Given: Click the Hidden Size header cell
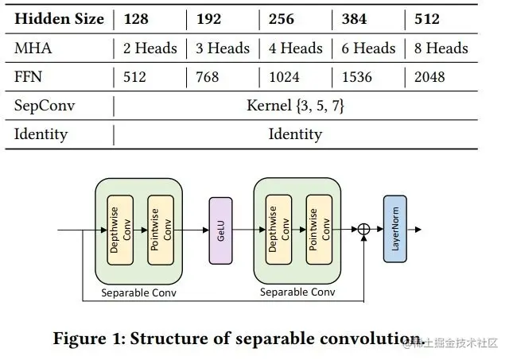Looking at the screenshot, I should pos(59,19).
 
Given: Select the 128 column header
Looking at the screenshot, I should pos(136,19).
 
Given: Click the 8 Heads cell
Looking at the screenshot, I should pos(441,48).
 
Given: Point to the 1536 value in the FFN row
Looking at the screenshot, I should pos(360,77).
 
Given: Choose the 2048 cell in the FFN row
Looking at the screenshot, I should pos(429,77).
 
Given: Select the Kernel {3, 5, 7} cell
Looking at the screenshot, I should pos(295,105).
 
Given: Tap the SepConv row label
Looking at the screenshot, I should pos(42,105).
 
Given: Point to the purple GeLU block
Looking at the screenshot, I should pos(220,230).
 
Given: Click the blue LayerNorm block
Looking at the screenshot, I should pos(394,229).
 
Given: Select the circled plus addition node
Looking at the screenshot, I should pos(363,230).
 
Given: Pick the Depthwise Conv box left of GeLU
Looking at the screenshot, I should pos(119,230).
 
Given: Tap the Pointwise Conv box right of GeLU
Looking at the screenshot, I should pos(318,230).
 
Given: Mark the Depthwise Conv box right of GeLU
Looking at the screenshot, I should pos(278,230).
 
